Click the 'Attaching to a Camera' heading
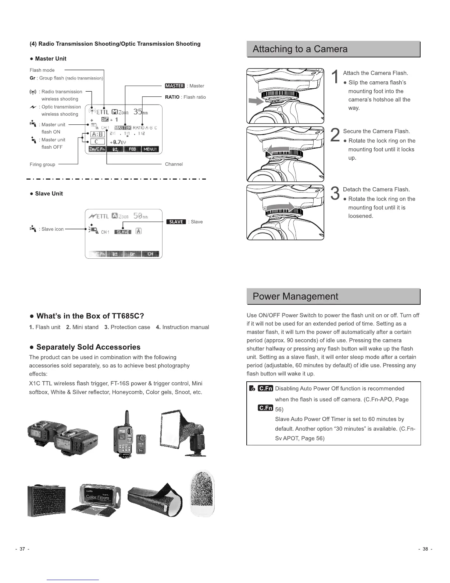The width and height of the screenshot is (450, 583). coord(300,49)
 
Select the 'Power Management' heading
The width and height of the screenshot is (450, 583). coord(295,297)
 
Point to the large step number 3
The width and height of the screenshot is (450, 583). coord(335,194)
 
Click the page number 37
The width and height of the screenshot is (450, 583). coord(22,549)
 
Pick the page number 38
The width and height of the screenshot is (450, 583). coord(425,549)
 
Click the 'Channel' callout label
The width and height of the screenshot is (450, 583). coord(174,164)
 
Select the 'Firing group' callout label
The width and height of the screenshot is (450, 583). coord(42,165)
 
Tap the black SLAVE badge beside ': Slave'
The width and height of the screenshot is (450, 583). coord(176,222)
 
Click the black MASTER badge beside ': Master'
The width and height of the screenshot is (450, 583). coord(175,86)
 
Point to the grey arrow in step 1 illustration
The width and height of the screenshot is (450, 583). coord(255,101)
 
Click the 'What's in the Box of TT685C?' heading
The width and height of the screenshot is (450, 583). coord(87,316)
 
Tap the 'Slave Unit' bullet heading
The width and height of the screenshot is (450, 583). coord(49,194)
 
